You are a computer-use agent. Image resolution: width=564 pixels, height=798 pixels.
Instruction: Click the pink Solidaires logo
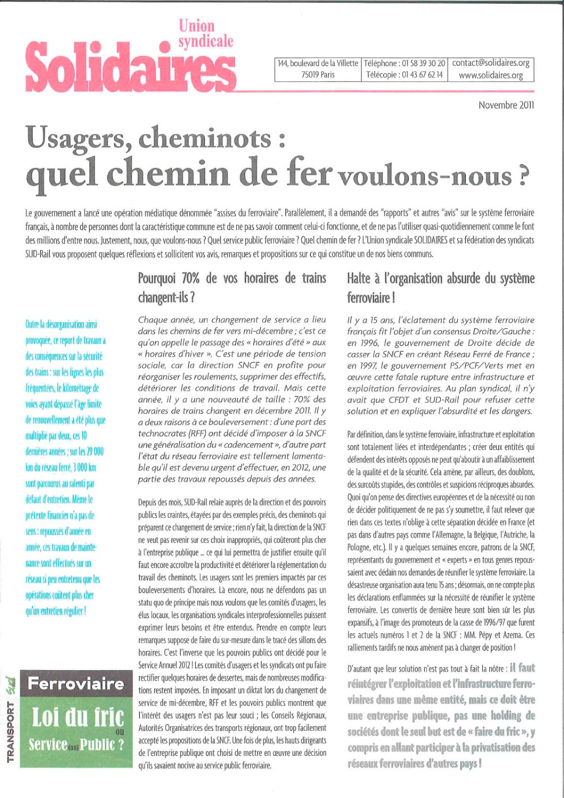tap(131, 64)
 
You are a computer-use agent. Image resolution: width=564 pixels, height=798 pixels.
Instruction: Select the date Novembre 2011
tap(506, 105)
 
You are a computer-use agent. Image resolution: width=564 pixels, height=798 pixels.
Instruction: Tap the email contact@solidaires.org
tap(491, 63)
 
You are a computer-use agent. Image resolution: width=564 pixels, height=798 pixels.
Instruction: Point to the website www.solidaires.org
tap(491, 75)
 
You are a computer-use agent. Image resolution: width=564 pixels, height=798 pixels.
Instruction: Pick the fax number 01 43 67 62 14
tap(422, 75)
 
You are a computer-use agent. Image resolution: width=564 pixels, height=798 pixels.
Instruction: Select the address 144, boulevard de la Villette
tap(318, 63)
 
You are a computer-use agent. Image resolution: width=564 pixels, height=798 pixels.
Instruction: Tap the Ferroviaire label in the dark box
tap(76, 683)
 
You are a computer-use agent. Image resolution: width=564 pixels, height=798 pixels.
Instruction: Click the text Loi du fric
tap(77, 717)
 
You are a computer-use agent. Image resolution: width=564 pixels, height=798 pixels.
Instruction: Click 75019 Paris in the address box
tap(318, 75)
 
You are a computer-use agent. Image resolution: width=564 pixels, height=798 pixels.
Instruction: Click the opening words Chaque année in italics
tap(167, 320)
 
